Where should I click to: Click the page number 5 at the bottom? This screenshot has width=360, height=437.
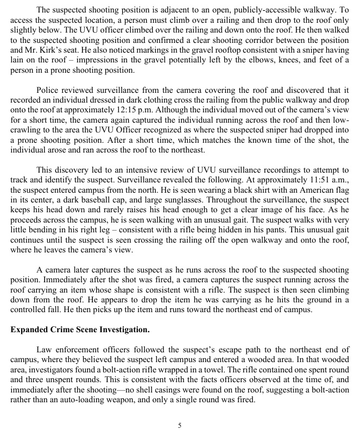pyautogui.click(x=180, y=425)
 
